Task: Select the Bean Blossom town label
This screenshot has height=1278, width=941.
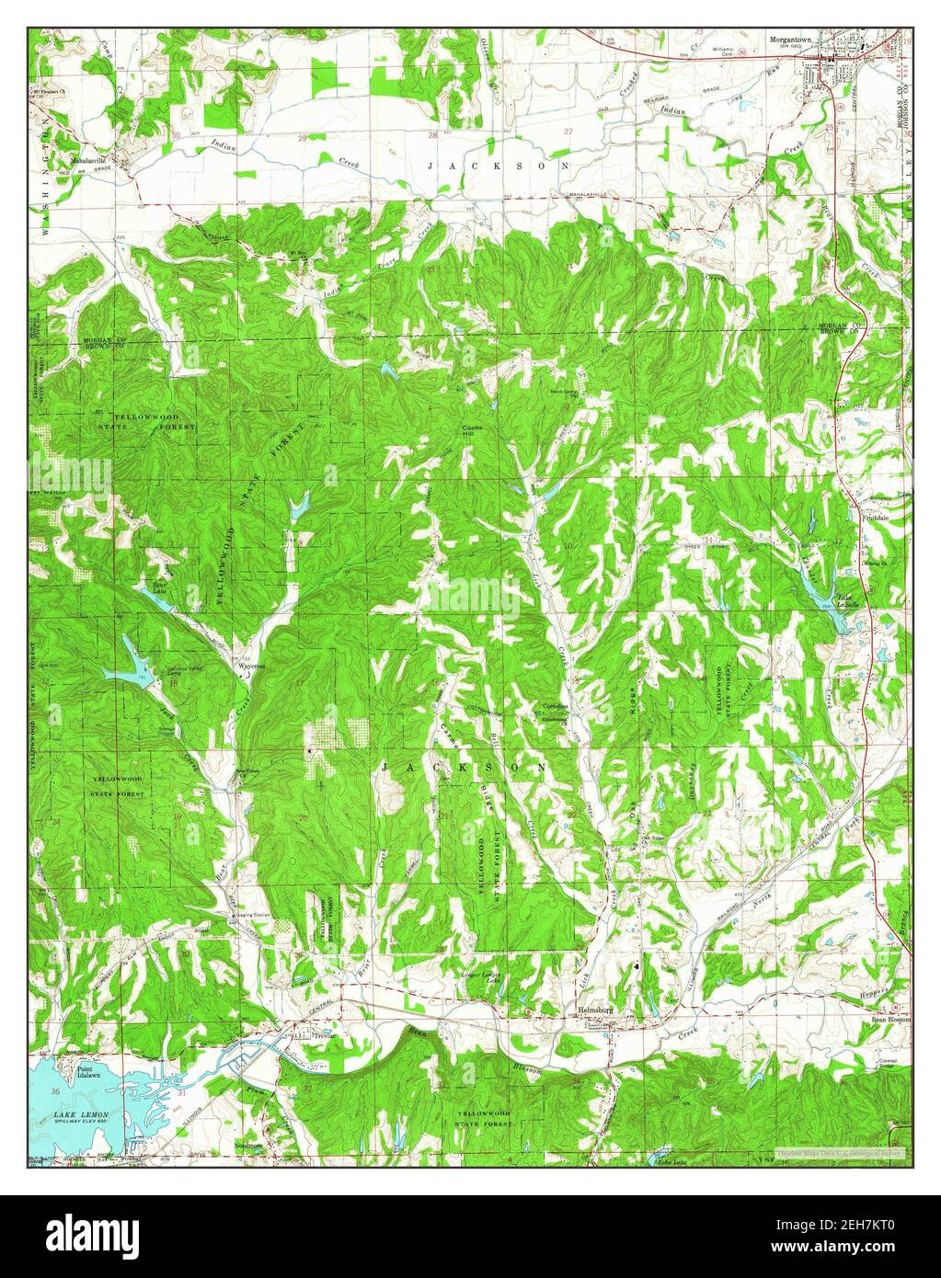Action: (x=889, y=1020)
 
